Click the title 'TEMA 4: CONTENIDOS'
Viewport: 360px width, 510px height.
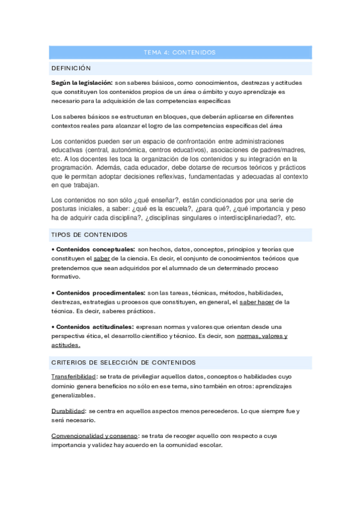tap(180, 52)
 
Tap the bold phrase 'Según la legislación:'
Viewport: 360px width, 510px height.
tap(82, 82)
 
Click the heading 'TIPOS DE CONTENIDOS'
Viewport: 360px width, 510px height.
tap(89, 235)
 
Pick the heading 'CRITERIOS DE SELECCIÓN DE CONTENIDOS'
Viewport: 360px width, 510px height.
tap(124, 362)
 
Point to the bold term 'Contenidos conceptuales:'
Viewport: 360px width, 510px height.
tap(94, 249)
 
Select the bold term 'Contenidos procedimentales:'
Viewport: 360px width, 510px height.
tap(100, 293)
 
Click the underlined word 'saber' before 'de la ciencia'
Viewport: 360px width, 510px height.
tap(102, 258)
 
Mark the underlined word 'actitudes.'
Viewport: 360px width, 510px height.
tap(66, 345)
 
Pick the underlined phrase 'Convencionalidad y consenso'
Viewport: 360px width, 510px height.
tap(94, 435)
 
